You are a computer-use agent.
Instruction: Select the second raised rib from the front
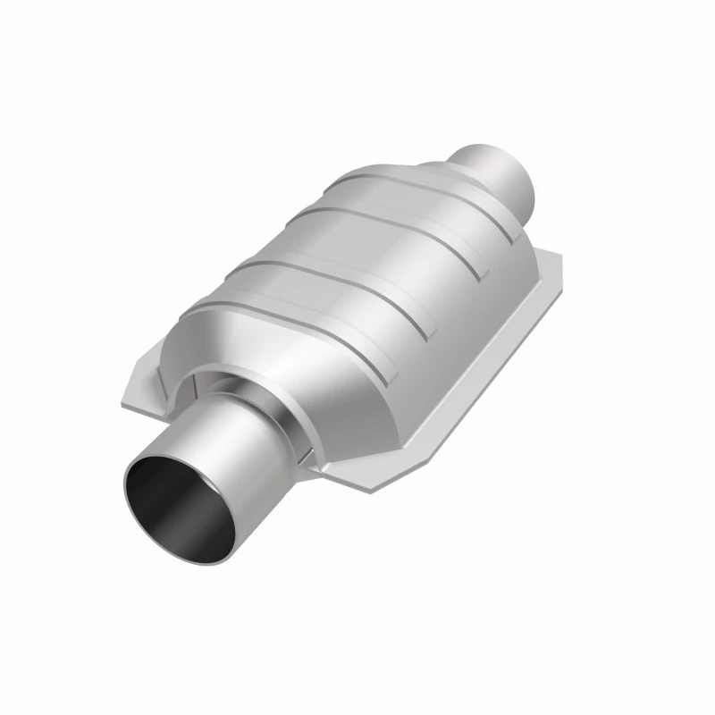tap(331, 268)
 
